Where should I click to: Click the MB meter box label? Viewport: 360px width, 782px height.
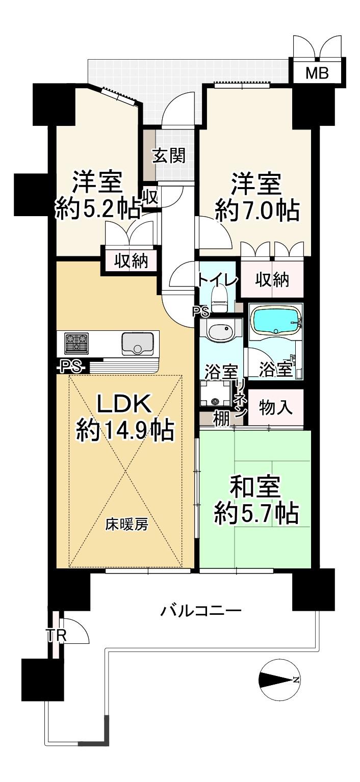click(317, 73)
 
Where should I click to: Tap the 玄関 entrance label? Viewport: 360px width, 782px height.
click(169, 155)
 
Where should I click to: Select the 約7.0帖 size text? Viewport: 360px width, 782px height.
click(258, 211)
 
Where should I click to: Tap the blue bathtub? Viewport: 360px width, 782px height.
click(276, 319)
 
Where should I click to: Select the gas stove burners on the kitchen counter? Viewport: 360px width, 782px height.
click(76, 343)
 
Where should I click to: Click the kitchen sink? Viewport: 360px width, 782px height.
click(137, 344)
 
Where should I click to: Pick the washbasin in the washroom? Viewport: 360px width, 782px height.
click(220, 331)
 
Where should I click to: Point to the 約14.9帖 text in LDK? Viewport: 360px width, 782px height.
click(125, 431)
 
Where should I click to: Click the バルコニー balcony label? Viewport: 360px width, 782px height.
click(201, 611)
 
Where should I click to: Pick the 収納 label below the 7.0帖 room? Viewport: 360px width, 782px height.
click(272, 280)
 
